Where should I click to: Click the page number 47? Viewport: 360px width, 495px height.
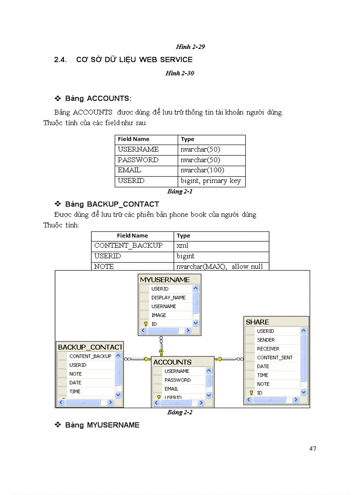tap(313, 449)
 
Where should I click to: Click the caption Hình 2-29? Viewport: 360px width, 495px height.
tap(190, 47)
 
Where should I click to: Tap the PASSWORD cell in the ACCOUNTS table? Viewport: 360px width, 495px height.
tap(138, 160)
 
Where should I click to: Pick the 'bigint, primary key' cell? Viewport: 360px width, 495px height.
tap(210, 181)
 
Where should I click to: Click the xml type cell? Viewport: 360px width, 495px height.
tap(183, 246)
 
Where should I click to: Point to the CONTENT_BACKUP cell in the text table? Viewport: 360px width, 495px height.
tap(128, 246)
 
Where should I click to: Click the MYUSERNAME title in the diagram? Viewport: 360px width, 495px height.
tap(165, 279)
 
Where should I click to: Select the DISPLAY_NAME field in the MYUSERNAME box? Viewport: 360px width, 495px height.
tap(168, 298)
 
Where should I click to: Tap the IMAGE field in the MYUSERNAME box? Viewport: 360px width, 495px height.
tap(159, 315)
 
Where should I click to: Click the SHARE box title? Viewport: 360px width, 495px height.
tap(257, 322)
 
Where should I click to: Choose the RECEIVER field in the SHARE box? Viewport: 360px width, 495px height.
tap(268, 349)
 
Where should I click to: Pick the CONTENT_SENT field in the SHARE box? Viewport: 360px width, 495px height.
tap(274, 357)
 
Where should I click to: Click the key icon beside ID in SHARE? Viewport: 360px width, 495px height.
tap(251, 393)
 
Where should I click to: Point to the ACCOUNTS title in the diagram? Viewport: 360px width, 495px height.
tap(172, 362)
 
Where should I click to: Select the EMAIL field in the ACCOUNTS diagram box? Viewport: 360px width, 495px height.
tap(171, 389)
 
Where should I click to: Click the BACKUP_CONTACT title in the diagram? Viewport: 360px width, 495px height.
tap(90, 347)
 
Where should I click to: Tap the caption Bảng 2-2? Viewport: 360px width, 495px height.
tap(180, 413)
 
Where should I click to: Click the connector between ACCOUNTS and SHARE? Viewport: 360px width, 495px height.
tap(229, 359)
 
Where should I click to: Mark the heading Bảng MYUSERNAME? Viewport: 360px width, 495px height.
tap(102, 425)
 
